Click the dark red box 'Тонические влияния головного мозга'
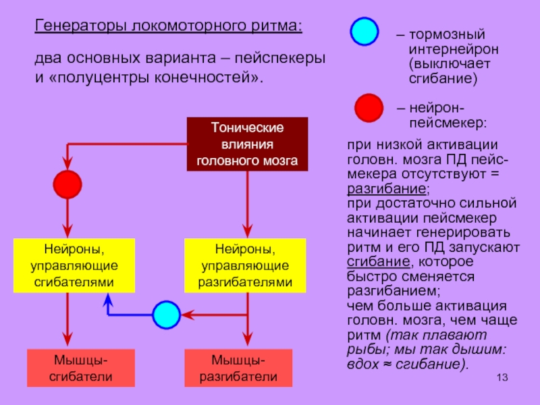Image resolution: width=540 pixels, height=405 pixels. point(247,144)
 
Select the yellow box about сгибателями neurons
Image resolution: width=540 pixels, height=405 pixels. point(74,265)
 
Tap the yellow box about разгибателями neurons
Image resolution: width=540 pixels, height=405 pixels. point(245,265)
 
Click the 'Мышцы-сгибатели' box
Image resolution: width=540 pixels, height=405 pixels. point(81,368)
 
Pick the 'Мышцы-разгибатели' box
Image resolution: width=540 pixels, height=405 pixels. point(238,368)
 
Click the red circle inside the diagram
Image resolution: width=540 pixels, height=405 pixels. point(67,184)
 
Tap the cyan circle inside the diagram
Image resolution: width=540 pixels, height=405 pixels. point(166,315)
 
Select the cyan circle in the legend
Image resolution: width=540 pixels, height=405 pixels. point(364,31)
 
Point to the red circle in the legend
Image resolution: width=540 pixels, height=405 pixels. point(369,108)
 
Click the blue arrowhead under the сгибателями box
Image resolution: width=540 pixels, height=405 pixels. point(108,299)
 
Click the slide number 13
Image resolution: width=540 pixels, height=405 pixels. point(502,377)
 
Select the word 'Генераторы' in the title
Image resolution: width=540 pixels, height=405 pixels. point(81,26)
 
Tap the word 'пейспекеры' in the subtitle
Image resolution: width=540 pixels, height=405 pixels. point(280,58)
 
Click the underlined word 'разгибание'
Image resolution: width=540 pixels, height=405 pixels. point(386,189)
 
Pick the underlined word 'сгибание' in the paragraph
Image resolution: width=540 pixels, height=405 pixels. point(379,261)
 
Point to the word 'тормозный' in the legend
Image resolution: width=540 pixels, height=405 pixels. point(447,35)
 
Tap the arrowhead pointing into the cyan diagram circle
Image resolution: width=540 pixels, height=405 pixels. point(188,315)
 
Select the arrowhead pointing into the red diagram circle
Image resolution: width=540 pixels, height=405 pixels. point(67,163)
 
